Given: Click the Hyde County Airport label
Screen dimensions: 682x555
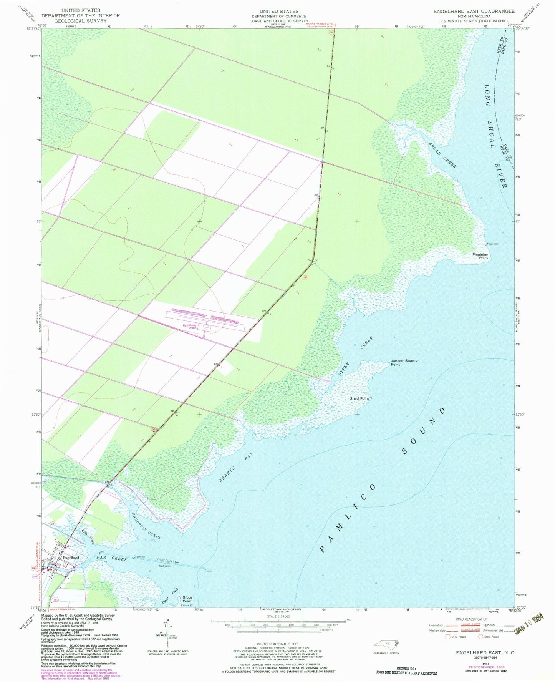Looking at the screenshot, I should pyautogui.click(x=190, y=327).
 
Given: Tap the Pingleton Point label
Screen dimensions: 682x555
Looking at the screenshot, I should pyautogui.click(x=480, y=256).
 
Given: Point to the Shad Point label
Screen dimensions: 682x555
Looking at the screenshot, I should pyautogui.click(x=359, y=398).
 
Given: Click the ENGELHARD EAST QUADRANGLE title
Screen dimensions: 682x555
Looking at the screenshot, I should pyautogui.click(x=474, y=11).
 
